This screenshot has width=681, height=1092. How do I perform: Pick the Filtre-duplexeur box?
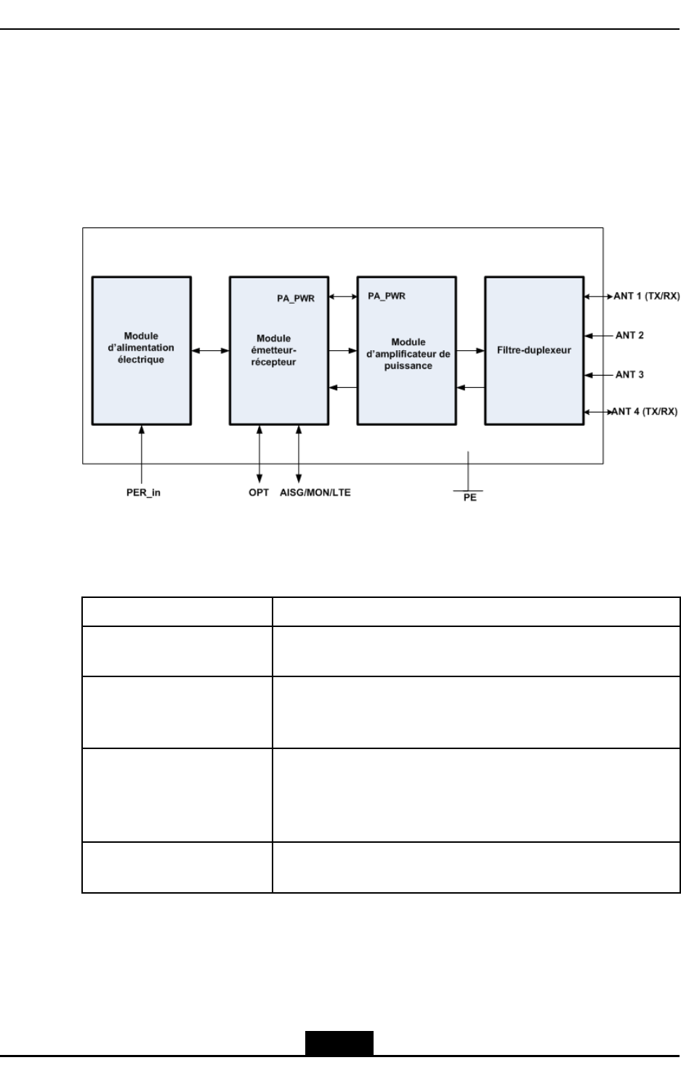point(534,350)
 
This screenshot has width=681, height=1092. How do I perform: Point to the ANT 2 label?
point(629,336)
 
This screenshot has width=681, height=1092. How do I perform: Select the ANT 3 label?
point(629,375)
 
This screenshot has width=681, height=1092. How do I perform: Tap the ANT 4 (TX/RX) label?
point(645,412)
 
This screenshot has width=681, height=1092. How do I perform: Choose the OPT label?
point(259,493)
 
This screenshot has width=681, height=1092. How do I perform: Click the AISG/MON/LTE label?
point(315,493)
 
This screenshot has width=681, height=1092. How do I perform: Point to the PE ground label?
point(470,498)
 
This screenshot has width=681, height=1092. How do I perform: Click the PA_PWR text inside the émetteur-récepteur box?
point(296,298)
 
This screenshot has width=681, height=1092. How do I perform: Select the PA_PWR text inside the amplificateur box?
point(387,296)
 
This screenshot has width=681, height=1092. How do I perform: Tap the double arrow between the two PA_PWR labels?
point(342,296)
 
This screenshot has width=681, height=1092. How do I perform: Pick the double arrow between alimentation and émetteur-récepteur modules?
point(210,351)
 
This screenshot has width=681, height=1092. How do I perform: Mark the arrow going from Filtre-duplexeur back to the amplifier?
point(470,387)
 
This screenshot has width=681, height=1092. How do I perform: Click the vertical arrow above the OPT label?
point(259,454)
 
